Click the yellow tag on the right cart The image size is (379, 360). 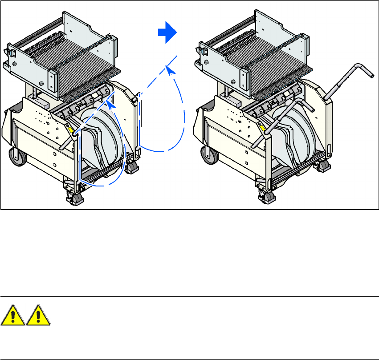tap(264, 129)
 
